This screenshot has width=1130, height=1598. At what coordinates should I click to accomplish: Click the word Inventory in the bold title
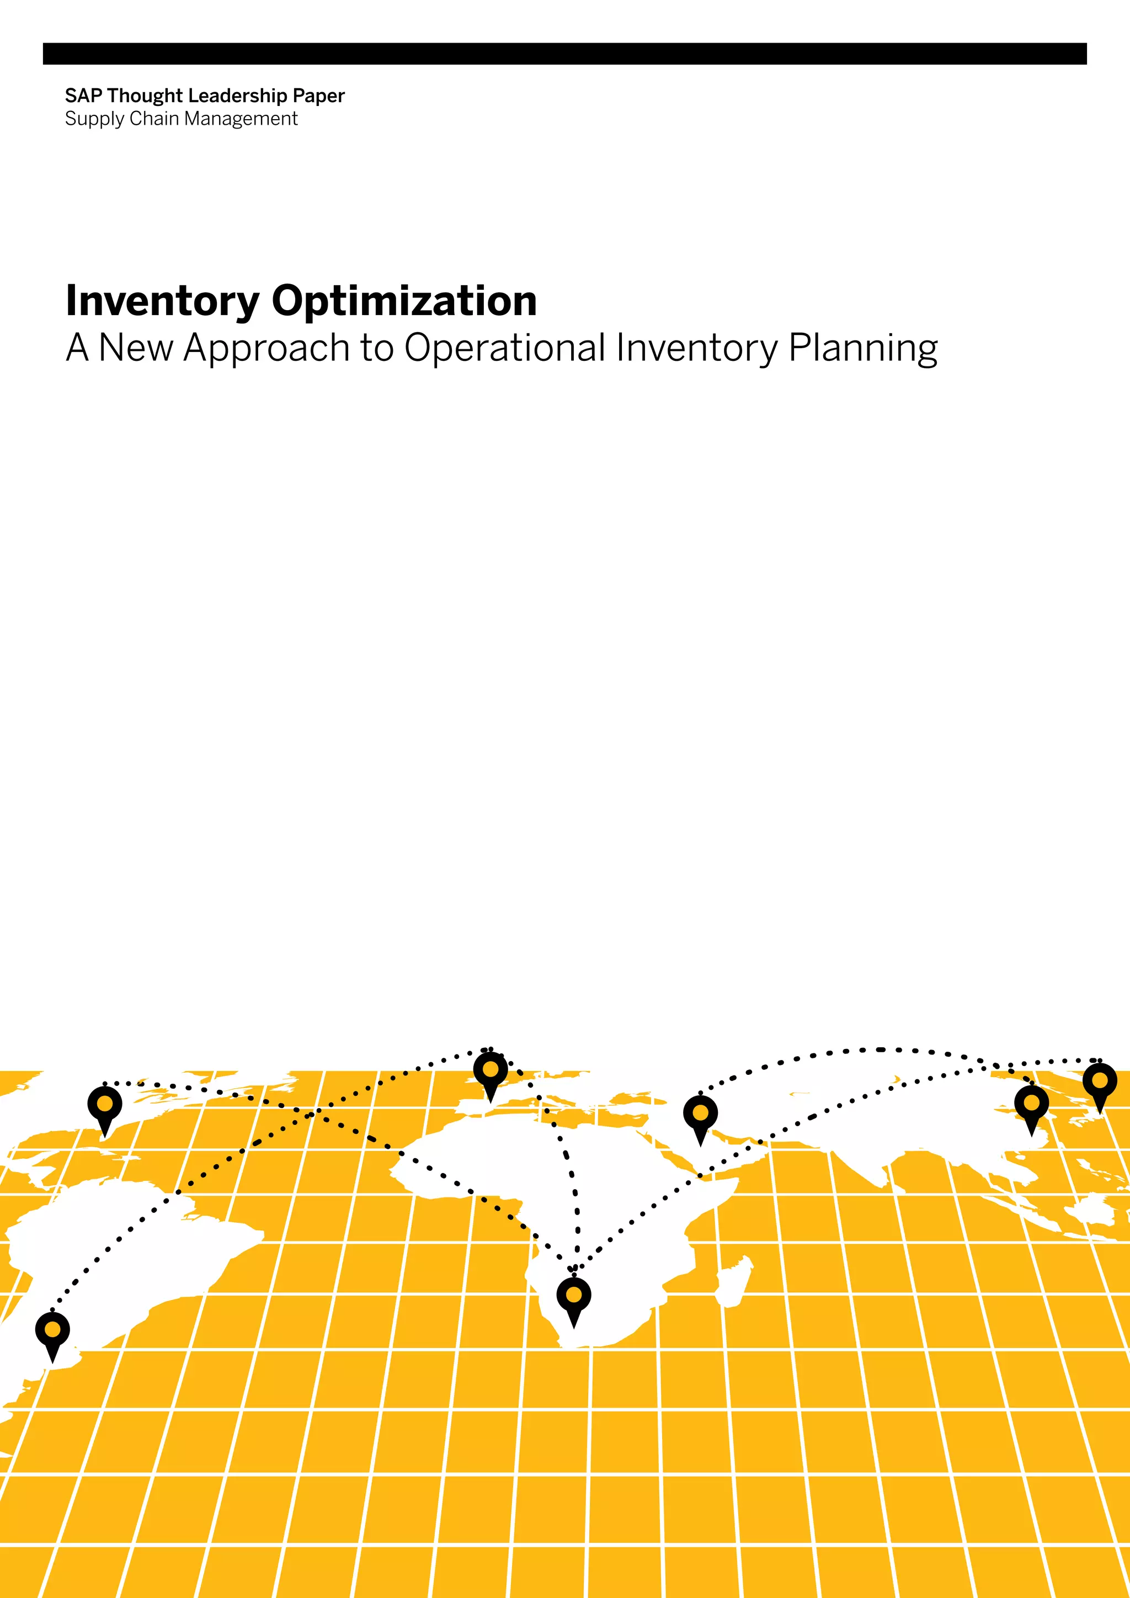tap(162, 301)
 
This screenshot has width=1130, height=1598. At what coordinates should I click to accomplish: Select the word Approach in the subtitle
tap(266, 348)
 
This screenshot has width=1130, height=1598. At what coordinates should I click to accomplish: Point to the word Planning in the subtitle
tap(863, 348)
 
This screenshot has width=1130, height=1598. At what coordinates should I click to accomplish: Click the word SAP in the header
tap(83, 96)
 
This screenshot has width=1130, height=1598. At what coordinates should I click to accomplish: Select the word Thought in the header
tap(145, 96)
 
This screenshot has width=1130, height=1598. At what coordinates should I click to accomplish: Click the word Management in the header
tap(241, 119)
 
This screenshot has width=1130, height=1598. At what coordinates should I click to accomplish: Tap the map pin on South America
tap(52, 1332)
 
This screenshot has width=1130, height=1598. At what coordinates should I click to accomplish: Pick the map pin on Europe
tap(491, 1073)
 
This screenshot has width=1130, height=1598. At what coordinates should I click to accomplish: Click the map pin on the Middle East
tap(701, 1116)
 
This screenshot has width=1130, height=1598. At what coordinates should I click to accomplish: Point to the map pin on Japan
tap(1100, 1084)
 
